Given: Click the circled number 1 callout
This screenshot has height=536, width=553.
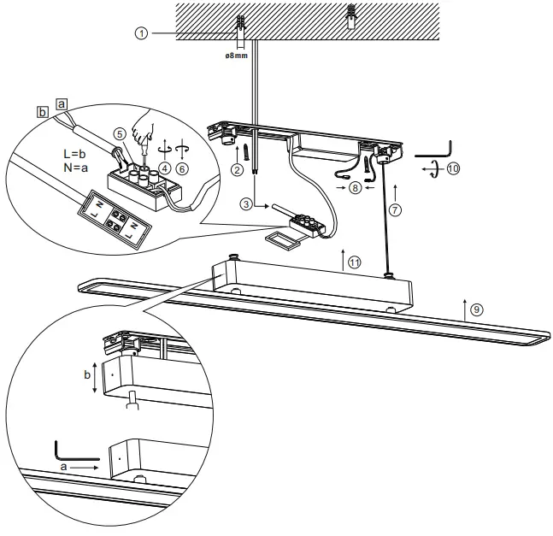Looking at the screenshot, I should (x=141, y=33).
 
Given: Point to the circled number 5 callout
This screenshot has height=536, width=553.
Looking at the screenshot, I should (x=120, y=133).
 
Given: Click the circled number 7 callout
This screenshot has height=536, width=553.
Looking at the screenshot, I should (x=395, y=209).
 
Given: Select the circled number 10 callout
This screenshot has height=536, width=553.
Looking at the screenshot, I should (x=452, y=168).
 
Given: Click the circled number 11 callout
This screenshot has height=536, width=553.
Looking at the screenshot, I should (x=353, y=262).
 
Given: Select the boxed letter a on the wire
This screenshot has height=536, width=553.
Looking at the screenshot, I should (x=61, y=102).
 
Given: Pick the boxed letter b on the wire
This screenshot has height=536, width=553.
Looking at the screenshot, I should (x=42, y=112).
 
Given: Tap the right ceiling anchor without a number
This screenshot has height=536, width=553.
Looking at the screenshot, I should (x=350, y=17).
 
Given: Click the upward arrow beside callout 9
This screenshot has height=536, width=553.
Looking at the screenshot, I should (x=462, y=309).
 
